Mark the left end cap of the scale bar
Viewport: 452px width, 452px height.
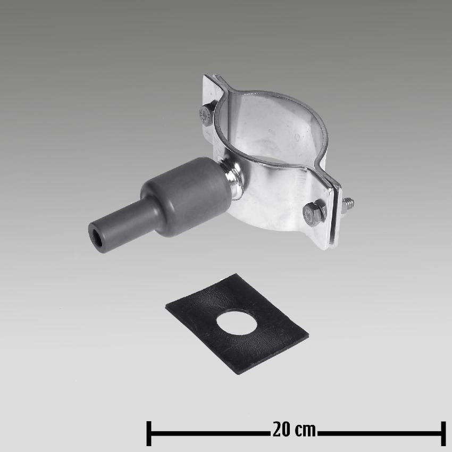(x=149, y=432)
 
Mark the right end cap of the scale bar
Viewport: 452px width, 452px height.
(x=442, y=432)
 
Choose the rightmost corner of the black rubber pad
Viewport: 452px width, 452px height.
(x=308, y=336)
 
